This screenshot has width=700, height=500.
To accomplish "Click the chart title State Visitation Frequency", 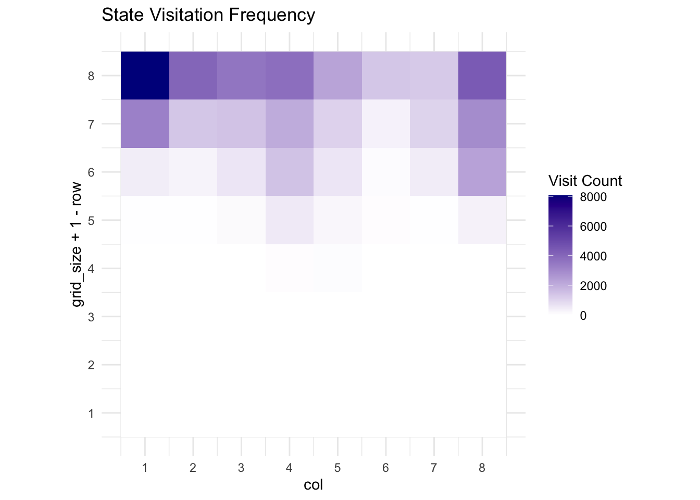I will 208,15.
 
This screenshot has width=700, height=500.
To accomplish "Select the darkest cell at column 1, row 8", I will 145,76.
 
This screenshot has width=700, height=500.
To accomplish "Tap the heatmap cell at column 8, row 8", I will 482,76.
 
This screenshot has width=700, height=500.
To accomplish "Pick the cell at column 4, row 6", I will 290,172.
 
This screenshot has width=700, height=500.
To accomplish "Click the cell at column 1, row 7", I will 145,124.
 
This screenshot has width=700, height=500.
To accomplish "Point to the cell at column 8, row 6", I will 482,172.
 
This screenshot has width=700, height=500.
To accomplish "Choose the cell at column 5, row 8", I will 337,76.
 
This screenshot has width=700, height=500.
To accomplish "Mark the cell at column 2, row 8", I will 193,76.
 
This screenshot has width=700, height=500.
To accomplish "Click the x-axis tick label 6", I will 386,468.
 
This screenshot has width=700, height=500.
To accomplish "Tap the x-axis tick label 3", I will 241,468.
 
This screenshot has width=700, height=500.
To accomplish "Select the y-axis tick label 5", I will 91,220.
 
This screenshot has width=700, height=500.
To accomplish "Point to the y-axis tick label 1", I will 91,414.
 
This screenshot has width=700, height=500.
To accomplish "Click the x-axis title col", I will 314,485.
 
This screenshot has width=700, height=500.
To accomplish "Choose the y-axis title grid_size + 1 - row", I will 77,244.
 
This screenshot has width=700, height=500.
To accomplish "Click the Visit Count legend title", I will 585,181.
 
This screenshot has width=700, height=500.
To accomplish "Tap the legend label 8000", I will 593,197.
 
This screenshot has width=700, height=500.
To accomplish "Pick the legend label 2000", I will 593,286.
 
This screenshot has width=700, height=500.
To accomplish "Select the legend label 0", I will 583,316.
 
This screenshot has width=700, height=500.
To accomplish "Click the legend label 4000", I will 593,256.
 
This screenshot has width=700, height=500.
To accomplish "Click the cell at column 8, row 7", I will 482,124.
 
